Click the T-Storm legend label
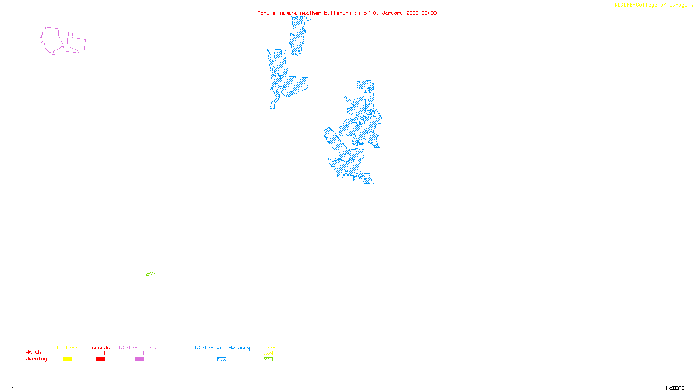pyautogui.click(x=67, y=348)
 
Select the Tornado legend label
pyautogui.click(x=99, y=348)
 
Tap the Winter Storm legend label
pyautogui.click(x=137, y=348)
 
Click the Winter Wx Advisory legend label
pyautogui.click(x=222, y=348)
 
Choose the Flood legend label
pyautogui.click(x=268, y=348)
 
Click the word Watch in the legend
pyautogui.click(x=33, y=352)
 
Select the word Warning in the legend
pyautogui.click(x=36, y=359)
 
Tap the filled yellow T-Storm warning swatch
pyautogui.click(x=67, y=359)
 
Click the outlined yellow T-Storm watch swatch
pyautogui.click(x=67, y=353)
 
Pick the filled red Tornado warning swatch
pyautogui.click(x=100, y=359)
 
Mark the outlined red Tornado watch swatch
pyautogui.click(x=100, y=353)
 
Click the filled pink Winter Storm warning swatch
pyautogui.click(x=139, y=359)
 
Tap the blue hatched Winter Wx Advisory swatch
pyautogui.click(x=222, y=359)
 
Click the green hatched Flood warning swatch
pyautogui.click(x=268, y=359)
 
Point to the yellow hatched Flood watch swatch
pyautogui.click(x=268, y=353)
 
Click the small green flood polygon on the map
pyautogui.click(x=150, y=274)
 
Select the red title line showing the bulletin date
pyautogui.click(x=347, y=13)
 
